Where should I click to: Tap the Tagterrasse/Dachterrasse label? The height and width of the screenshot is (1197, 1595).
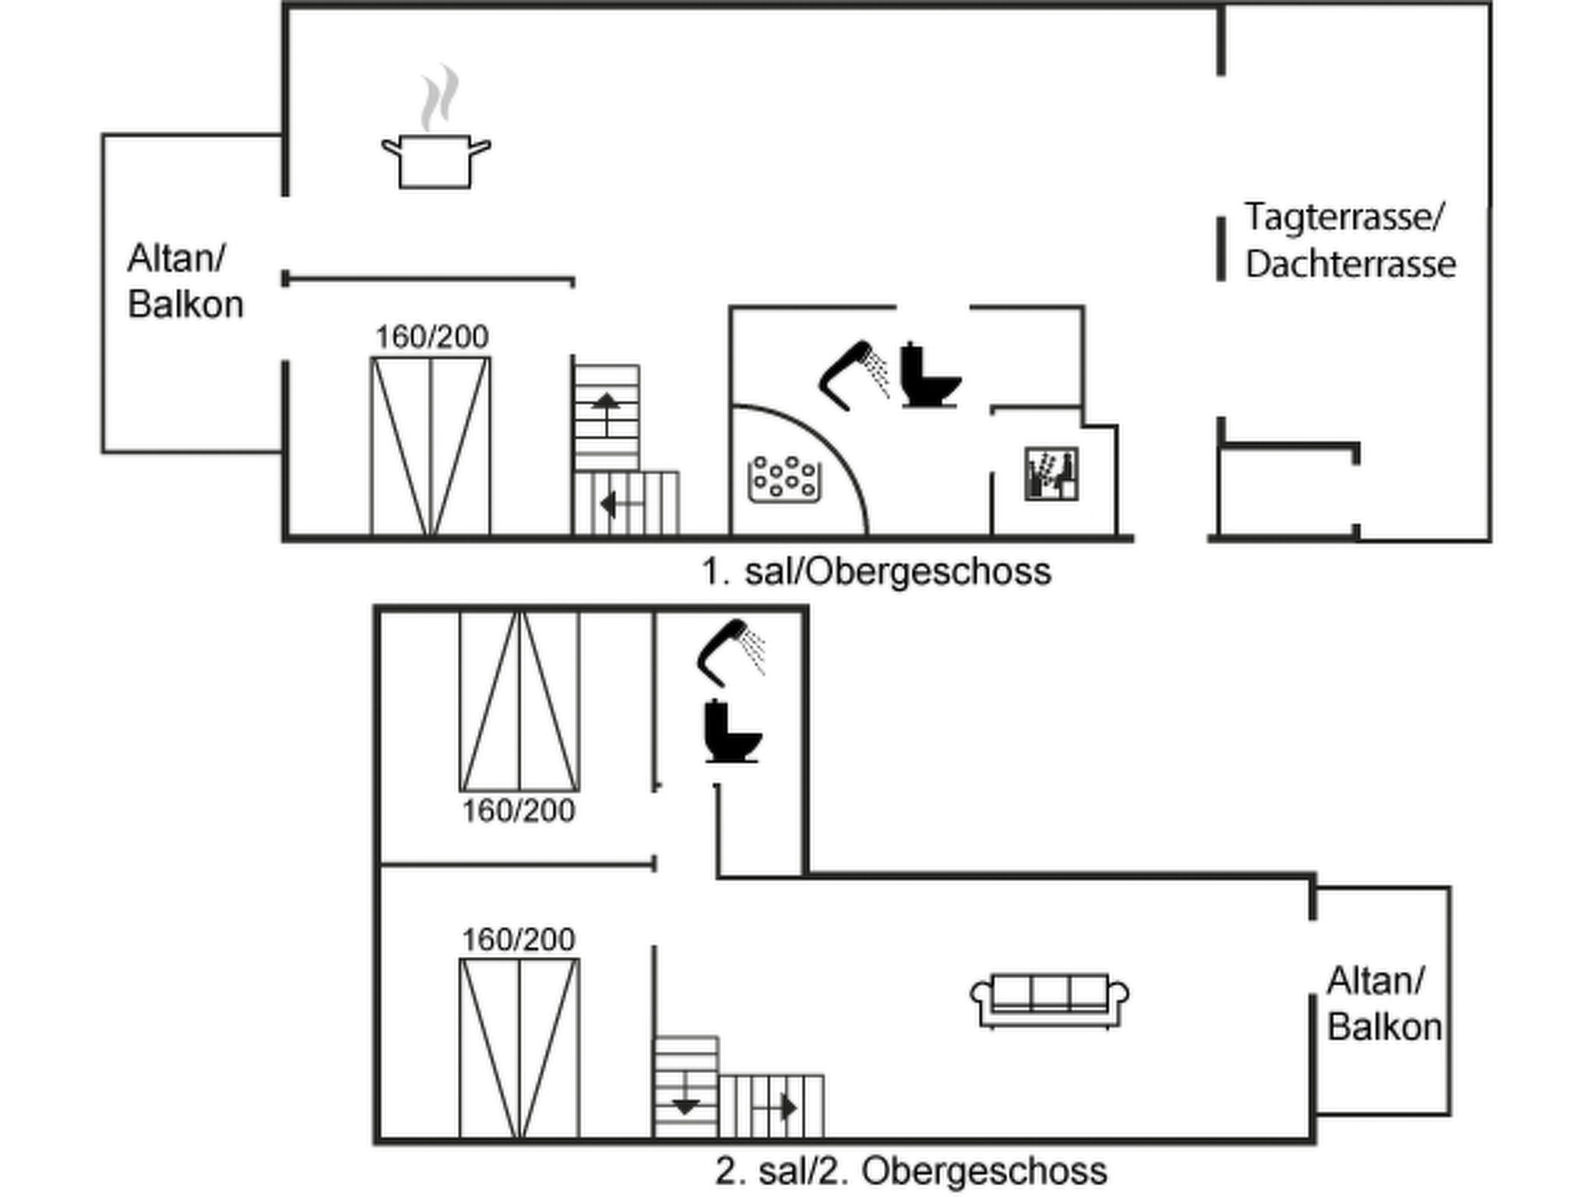(1350, 240)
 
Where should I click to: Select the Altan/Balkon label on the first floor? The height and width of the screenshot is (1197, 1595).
(185, 281)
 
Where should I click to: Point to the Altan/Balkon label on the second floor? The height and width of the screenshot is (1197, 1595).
(1384, 1004)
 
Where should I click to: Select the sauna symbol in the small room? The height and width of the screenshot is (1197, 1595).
(1051, 473)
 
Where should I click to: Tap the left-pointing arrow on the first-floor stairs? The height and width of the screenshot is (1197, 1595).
(611, 505)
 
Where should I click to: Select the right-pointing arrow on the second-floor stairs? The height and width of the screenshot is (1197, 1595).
(788, 1107)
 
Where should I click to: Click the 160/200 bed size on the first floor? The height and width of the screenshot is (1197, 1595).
(432, 337)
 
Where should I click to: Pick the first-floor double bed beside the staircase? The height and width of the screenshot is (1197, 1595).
(431, 446)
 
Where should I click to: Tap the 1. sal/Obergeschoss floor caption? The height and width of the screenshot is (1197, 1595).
(876, 572)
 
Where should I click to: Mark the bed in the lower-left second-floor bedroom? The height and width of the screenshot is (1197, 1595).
(519, 1048)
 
